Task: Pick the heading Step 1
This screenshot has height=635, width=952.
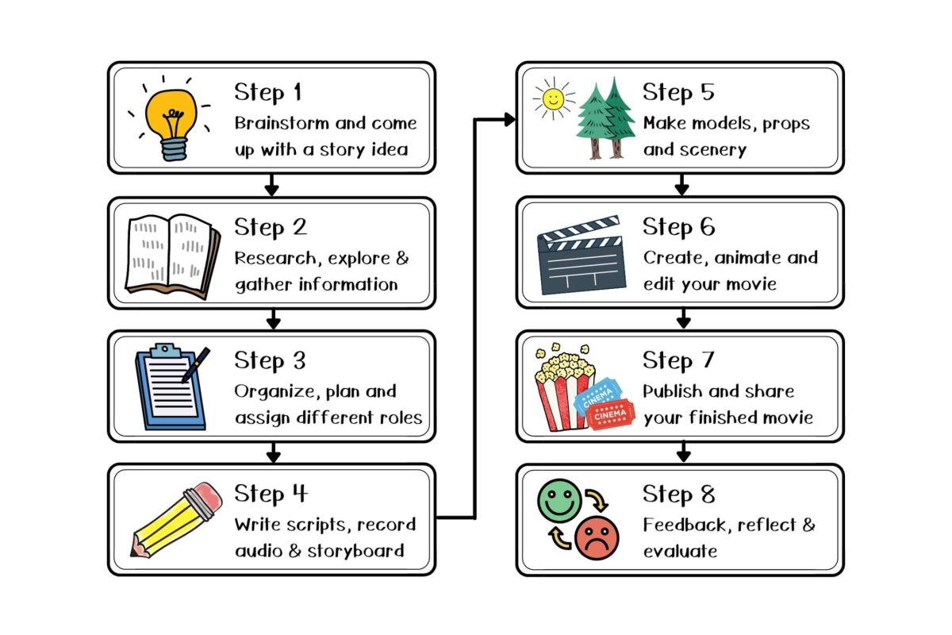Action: (x=267, y=93)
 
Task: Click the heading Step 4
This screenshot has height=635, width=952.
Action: (x=270, y=494)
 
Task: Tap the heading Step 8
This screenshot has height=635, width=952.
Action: (x=678, y=494)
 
